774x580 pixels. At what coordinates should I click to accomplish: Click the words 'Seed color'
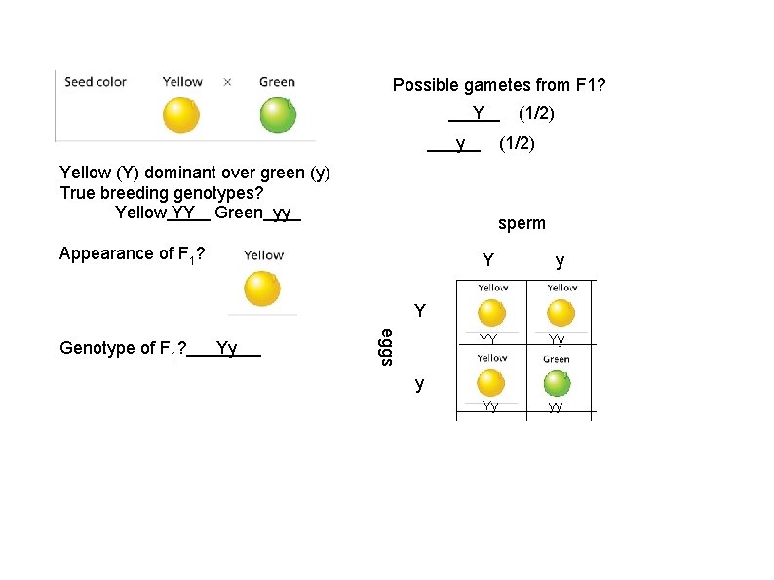pos(96,82)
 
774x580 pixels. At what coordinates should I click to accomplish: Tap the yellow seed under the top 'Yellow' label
pos(180,115)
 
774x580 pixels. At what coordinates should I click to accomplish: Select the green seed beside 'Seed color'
pos(278,115)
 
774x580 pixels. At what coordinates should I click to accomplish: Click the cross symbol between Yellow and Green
pos(228,82)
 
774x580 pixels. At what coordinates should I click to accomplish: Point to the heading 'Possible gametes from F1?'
pos(499,86)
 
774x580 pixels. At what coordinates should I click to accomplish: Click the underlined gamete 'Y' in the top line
pos(479,113)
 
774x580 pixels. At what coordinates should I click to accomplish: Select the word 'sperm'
pos(522,223)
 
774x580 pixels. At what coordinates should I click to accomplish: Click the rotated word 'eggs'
pos(386,347)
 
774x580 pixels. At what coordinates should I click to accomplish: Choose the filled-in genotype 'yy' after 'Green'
pos(282,213)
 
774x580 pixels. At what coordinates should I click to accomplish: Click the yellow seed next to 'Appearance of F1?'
pos(261,289)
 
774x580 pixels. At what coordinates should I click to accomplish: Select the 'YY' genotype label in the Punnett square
pos(489,340)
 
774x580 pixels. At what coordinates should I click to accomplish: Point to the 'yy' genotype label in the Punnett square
pos(556,407)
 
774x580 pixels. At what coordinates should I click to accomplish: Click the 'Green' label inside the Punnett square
pos(557,359)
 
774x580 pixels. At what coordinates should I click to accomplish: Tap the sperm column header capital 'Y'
pos(488,261)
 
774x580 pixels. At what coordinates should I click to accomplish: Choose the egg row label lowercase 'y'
pos(419,383)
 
